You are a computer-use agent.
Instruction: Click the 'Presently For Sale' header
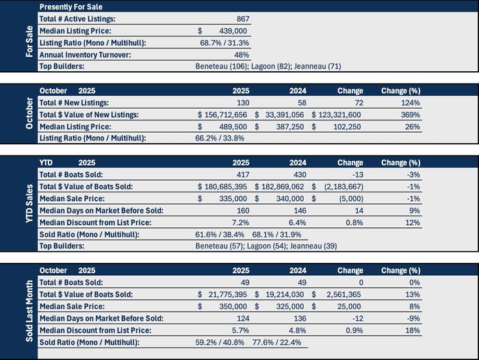72,7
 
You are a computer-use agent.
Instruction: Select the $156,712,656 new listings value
223,114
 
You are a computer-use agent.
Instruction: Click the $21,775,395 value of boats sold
223,294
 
